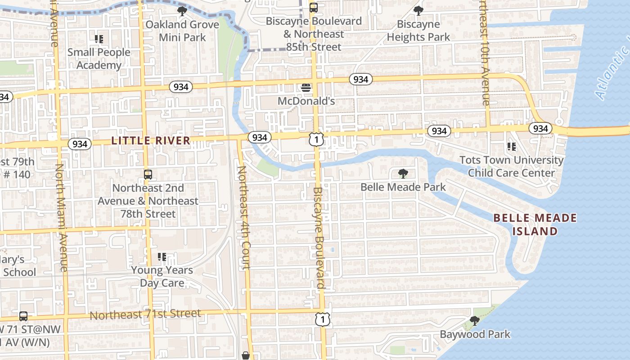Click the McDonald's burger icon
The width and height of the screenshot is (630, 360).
tap(306, 88)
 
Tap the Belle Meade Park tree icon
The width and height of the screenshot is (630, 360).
tap(403, 173)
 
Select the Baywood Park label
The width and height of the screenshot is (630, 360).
tap(475, 334)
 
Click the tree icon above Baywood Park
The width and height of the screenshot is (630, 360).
tap(474, 320)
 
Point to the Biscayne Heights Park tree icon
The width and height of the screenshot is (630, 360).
tap(418, 10)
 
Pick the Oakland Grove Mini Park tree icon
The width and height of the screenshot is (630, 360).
tap(182, 11)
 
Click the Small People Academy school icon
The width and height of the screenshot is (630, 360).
tap(99, 39)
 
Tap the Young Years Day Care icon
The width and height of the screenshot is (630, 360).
tap(162, 257)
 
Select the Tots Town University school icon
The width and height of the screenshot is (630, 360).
tap(511, 146)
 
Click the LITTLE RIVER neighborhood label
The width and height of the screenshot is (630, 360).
tap(151, 141)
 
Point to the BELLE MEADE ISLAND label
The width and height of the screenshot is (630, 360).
tap(535, 225)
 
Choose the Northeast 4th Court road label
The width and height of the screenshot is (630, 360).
tap(244, 218)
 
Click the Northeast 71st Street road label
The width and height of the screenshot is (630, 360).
tap(145, 314)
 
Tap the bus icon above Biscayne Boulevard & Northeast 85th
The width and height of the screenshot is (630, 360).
tap(313, 7)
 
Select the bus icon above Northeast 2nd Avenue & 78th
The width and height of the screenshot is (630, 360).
tap(148, 175)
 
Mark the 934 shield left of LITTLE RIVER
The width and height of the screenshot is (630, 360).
tap(80, 144)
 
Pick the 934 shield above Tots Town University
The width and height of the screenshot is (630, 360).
tap(540, 129)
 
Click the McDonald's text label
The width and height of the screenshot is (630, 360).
tap(306, 101)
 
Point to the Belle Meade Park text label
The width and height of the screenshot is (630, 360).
tap(403, 187)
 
